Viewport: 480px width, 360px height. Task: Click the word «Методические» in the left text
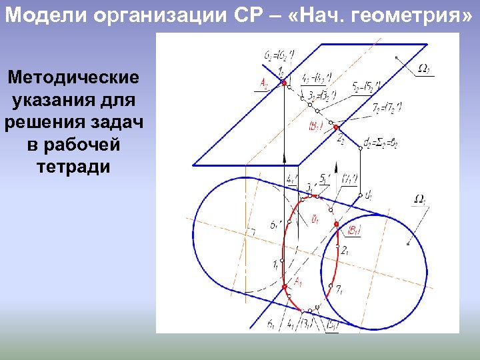point(74,78)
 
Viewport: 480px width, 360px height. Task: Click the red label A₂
point(265,83)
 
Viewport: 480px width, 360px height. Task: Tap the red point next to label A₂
point(284,83)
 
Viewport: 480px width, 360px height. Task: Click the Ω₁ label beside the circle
point(421,199)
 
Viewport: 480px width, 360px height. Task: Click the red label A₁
point(299,281)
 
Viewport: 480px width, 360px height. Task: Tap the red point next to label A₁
point(285,287)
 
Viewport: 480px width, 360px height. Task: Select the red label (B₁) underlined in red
point(354,231)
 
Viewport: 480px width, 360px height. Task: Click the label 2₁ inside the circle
point(345,251)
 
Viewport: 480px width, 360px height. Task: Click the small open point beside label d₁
point(360,196)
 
